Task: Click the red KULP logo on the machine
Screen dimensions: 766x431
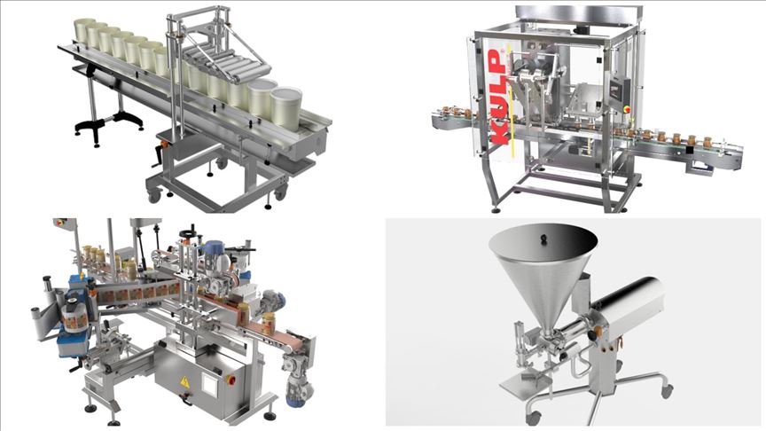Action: pos(497,97)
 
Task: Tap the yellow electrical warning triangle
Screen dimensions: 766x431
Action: pos(184,382)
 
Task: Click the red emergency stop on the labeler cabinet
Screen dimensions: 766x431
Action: pos(231,380)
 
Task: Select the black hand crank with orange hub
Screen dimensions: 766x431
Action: pos(160,153)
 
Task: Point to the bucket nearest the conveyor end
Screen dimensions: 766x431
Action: pos(286,107)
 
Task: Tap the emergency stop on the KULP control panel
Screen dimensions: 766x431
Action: pos(629,109)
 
